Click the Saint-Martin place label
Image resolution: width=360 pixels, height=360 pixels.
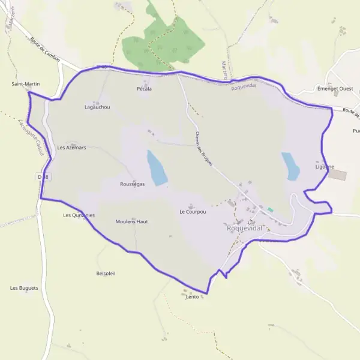[26, 84]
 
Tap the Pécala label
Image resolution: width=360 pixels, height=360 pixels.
[144, 89]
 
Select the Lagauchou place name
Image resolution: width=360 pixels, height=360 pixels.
[97, 107]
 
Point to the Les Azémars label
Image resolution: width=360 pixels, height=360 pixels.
[71, 147]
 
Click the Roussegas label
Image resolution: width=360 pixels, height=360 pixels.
[132, 184]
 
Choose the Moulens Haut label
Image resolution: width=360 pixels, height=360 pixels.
[131, 221]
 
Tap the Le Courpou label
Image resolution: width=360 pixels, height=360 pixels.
[193, 212]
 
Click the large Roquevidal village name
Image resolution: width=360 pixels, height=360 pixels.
[245, 229]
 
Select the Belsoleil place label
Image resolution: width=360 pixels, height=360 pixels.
[106, 273]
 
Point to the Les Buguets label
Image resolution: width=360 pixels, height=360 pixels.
[24, 288]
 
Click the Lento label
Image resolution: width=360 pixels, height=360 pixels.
[192, 296]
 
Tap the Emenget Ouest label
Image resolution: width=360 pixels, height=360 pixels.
[335, 89]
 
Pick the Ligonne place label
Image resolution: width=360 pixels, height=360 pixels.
[325, 167]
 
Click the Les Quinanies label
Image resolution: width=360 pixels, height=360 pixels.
[79, 215]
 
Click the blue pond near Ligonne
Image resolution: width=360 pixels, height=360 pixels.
[291, 166]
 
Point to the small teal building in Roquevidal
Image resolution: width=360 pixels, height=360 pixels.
[270, 209]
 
